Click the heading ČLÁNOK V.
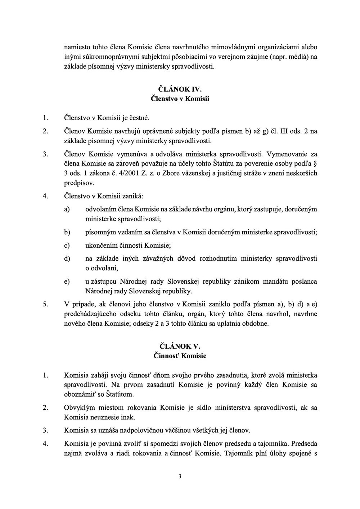coord(180,346)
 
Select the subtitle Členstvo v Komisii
coord(180,98)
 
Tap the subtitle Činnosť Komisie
coord(180,356)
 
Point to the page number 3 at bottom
coord(180,477)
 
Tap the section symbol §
coord(315,164)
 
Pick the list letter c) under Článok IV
coord(67,246)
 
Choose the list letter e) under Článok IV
coord(67,282)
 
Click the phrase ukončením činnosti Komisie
coord(128,246)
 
